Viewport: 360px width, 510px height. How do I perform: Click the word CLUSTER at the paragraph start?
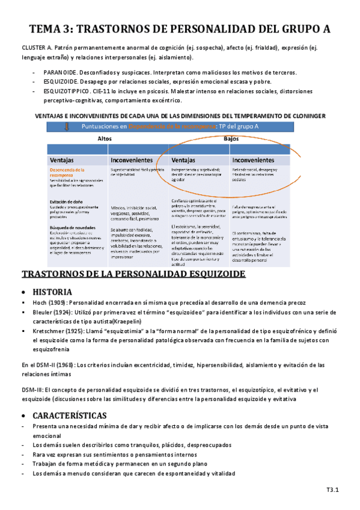click(34, 46)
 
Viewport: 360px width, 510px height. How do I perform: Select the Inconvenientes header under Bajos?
click(253, 161)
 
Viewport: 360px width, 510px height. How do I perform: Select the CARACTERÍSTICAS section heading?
click(70, 415)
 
